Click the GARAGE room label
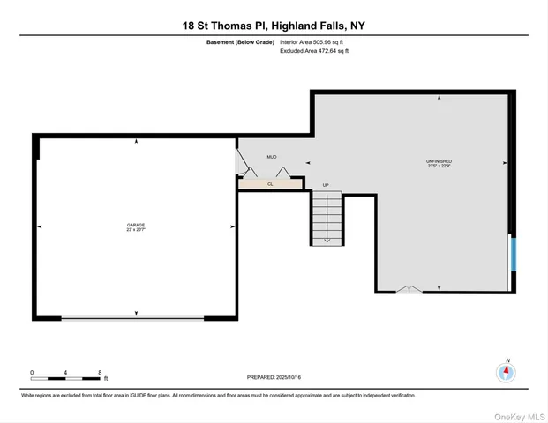pyautogui.click(x=135, y=226)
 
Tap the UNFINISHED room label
pyautogui.click(x=439, y=161)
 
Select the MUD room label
pyautogui.click(x=273, y=158)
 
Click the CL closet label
pyautogui.click(x=270, y=184)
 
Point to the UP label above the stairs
pyautogui.click(x=326, y=185)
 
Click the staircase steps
pyautogui.click(x=327, y=218)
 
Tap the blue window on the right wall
pyautogui.click(x=512, y=256)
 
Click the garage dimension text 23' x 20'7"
pyautogui.click(x=135, y=231)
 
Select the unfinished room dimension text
pyautogui.click(x=439, y=167)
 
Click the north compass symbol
pyautogui.click(x=506, y=372)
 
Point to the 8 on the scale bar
pyautogui.click(x=101, y=372)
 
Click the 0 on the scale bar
pyautogui.click(x=32, y=372)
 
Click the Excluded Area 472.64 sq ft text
pyautogui.click(x=314, y=51)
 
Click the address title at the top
pyautogui.click(x=274, y=26)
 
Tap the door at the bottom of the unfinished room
pyautogui.click(x=408, y=290)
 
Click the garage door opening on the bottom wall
pyautogui.click(x=135, y=318)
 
